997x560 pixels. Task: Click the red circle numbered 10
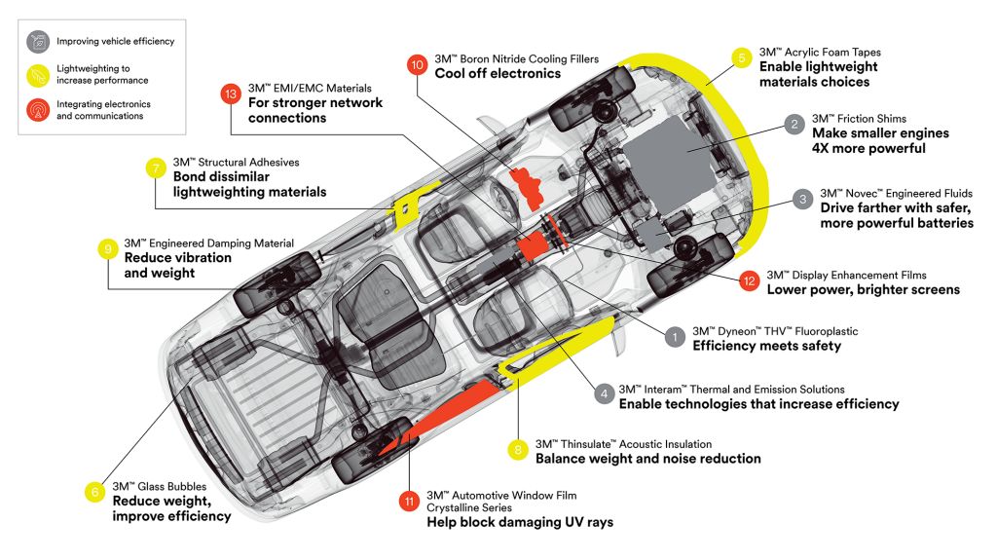coord(417,65)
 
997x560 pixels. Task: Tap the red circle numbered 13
coord(230,94)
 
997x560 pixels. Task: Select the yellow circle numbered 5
coord(741,58)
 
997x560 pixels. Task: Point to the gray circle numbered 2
coord(794,124)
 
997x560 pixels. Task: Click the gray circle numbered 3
coord(802,200)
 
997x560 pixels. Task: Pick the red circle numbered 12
coord(749,280)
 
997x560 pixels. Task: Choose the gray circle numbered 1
coord(675,337)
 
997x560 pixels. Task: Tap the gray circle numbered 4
coord(604,393)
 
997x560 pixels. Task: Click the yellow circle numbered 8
coord(518,450)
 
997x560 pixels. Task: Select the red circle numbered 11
coord(409,502)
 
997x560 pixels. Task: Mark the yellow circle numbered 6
coord(94,492)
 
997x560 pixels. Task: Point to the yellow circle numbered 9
coord(107,248)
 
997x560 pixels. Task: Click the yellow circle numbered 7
coord(156,168)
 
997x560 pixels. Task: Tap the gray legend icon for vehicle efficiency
coord(38,42)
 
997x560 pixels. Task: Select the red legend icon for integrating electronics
coord(38,109)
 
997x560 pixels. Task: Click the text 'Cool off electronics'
coord(498,73)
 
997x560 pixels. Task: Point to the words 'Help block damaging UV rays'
coord(520,522)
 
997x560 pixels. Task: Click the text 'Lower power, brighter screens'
coord(864,289)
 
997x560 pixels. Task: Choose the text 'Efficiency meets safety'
coord(767,346)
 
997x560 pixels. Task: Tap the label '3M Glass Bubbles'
coord(160,486)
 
